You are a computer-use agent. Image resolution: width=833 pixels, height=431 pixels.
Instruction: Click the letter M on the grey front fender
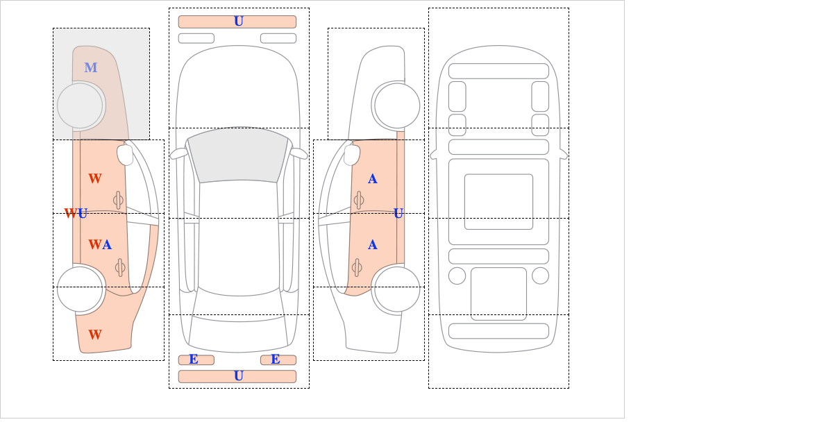tap(91, 68)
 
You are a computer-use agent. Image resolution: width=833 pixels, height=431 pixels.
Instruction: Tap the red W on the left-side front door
tap(95, 179)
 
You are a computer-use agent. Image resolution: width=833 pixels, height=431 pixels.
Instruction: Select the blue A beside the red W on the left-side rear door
tap(107, 245)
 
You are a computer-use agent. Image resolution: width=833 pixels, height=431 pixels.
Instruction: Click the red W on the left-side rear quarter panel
tap(95, 335)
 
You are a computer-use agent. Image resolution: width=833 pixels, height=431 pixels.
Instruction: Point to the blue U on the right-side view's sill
tap(398, 214)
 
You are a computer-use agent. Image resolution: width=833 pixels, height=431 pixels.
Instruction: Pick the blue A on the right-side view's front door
tap(373, 179)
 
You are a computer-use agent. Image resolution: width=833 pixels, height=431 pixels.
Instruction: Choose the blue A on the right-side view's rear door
tap(373, 245)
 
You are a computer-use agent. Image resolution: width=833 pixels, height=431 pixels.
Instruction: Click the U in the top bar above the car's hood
tap(239, 22)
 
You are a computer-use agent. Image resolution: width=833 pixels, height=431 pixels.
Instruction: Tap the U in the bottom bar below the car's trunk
tap(239, 376)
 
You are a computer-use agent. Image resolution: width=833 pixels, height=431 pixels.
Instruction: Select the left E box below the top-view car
tap(196, 360)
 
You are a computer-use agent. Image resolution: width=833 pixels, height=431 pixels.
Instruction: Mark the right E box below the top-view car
tap(278, 360)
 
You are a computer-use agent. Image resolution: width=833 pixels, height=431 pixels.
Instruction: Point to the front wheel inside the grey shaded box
tap(80, 105)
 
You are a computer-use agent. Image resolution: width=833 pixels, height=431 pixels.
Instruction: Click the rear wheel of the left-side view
tap(80, 289)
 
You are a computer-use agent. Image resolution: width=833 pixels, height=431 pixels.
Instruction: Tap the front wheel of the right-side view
tap(397, 105)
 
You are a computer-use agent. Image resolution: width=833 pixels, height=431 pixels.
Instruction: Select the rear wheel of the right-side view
tap(397, 289)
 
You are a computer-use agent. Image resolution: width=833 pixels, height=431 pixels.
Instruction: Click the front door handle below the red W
tap(118, 200)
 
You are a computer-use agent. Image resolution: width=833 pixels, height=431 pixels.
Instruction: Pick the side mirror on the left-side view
tap(125, 155)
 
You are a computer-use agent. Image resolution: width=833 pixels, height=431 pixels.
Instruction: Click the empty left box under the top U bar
tap(196, 38)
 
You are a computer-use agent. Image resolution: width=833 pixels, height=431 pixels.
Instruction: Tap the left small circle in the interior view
tap(457, 276)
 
